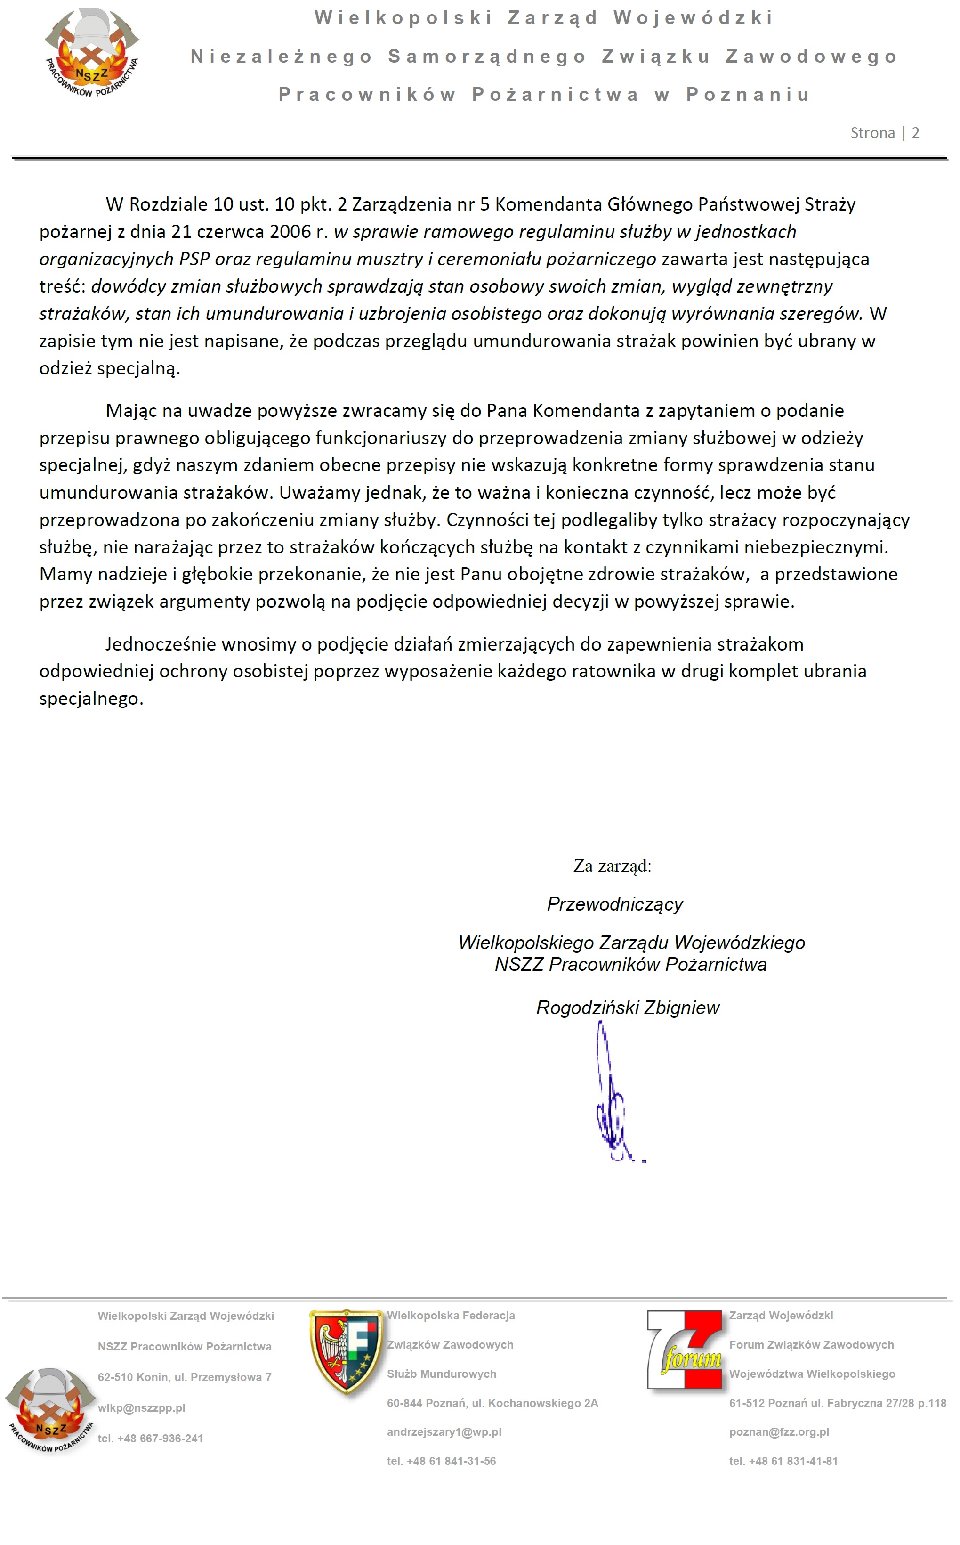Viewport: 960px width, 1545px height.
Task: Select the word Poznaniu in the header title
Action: click(748, 95)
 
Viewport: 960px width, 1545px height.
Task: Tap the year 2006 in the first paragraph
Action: click(290, 232)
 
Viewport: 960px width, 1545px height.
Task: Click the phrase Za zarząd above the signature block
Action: click(612, 866)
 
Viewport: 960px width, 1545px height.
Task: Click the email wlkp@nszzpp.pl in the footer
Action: click(142, 1408)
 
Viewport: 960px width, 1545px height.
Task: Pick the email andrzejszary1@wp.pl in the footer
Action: click(444, 1432)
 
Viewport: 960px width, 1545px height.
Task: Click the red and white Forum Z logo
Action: click(685, 1350)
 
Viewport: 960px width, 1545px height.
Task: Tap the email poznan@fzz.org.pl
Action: click(779, 1432)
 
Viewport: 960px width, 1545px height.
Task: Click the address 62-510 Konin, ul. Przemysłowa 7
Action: click(184, 1377)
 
